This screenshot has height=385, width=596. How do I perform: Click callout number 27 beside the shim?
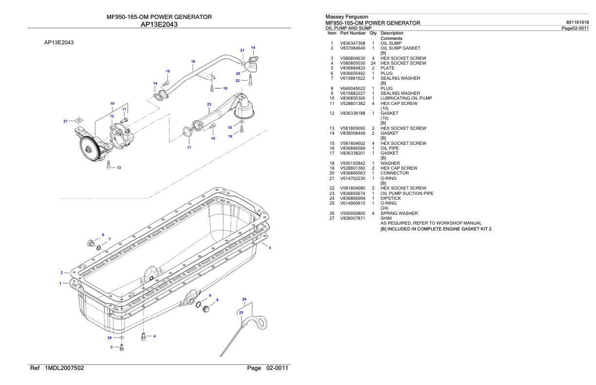pos(66,121)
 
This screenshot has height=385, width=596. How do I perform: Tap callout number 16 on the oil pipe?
pos(193,61)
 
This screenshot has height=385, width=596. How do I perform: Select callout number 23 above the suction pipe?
pos(209,104)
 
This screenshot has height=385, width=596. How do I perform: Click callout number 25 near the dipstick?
pos(241,313)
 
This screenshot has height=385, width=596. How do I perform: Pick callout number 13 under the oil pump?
pos(119,167)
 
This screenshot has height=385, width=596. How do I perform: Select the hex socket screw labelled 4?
pos(143,337)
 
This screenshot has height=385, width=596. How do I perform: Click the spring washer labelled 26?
pos(122,337)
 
